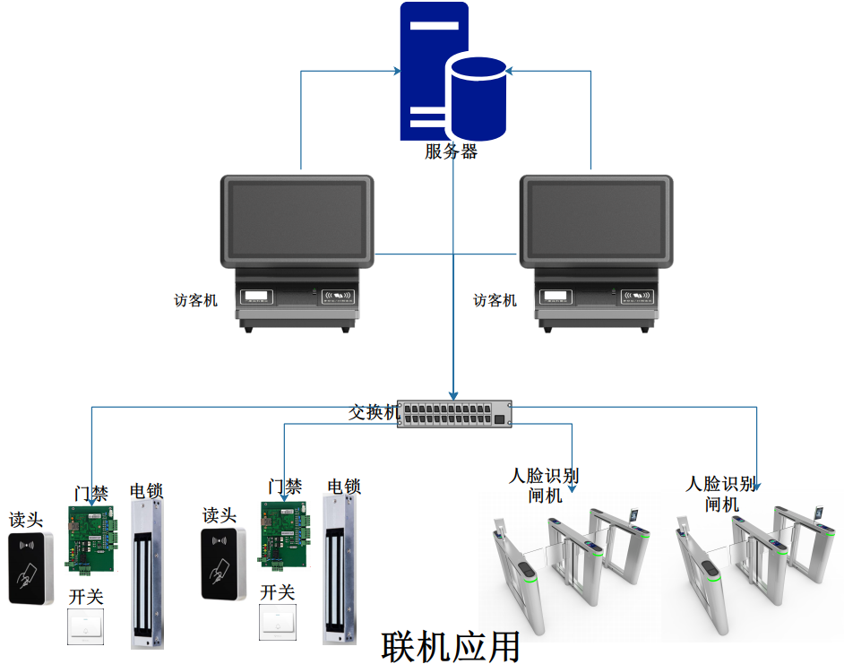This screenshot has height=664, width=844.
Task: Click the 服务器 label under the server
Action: (451, 151)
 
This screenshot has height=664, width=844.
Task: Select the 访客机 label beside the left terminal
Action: (195, 301)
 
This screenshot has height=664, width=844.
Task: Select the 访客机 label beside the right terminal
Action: (495, 301)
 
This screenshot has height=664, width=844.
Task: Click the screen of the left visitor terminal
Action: (297, 218)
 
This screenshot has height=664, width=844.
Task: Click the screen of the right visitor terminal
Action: (596, 218)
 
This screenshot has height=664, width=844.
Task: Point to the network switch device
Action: (455, 413)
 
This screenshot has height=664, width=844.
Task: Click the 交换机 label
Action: (373, 413)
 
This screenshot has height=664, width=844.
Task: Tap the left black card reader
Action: (31, 568)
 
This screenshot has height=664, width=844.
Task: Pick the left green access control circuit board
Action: (92, 538)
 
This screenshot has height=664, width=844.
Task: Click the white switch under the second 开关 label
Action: (278, 622)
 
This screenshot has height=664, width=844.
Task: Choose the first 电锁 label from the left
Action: (147, 490)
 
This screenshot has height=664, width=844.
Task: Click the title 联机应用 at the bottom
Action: (451, 645)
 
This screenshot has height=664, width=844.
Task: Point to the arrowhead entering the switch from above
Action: (454, 394)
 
